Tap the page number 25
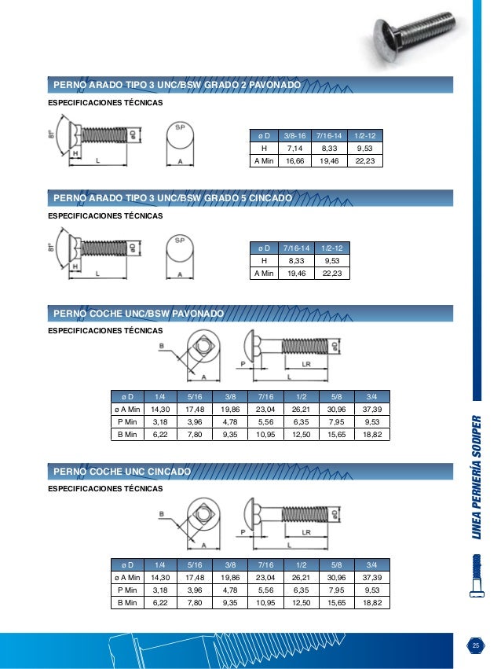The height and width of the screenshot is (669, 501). [x=474, y=645]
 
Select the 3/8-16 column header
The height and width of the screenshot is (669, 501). [x=294, y=134]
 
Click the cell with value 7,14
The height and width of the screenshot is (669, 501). [x=294, y=148]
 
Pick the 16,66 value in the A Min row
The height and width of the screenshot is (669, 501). [x=294, y=161]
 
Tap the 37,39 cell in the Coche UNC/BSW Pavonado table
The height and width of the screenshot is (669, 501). [x=371, y=409]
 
